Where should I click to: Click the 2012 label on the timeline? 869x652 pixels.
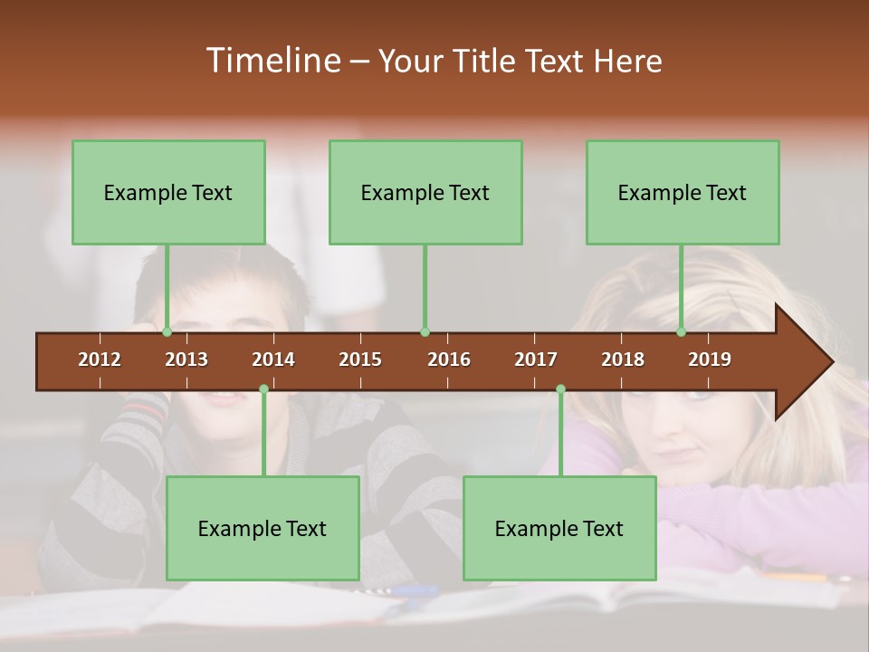click(100, 360)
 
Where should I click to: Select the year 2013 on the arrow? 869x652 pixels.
click(186, 360)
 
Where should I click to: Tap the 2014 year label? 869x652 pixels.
click(273, 360)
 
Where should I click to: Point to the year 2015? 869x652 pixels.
click(360, 360)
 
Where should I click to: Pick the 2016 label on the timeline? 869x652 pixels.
click(449, 360)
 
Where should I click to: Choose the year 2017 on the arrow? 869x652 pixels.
click(536, 360)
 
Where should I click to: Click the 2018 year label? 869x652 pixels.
click(623, 360)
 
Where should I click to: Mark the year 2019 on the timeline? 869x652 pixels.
click(710, 360)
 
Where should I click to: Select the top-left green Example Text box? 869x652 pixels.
click(168, 193)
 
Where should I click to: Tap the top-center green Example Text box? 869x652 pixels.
click(425, 193)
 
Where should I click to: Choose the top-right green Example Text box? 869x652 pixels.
click(683, 193)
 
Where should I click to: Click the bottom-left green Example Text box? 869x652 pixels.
click(263, 528)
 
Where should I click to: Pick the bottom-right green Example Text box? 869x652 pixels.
click(559, 528)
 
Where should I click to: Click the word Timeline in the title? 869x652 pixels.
click(273, 61)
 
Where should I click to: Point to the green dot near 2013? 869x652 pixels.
click(167, 332)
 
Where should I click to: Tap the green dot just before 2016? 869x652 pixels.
click(425, 332)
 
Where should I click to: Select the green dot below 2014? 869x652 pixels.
click(263, 389)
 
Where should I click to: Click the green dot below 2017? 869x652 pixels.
click(560, 389)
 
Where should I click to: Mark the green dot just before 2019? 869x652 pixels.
click(682, 332)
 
